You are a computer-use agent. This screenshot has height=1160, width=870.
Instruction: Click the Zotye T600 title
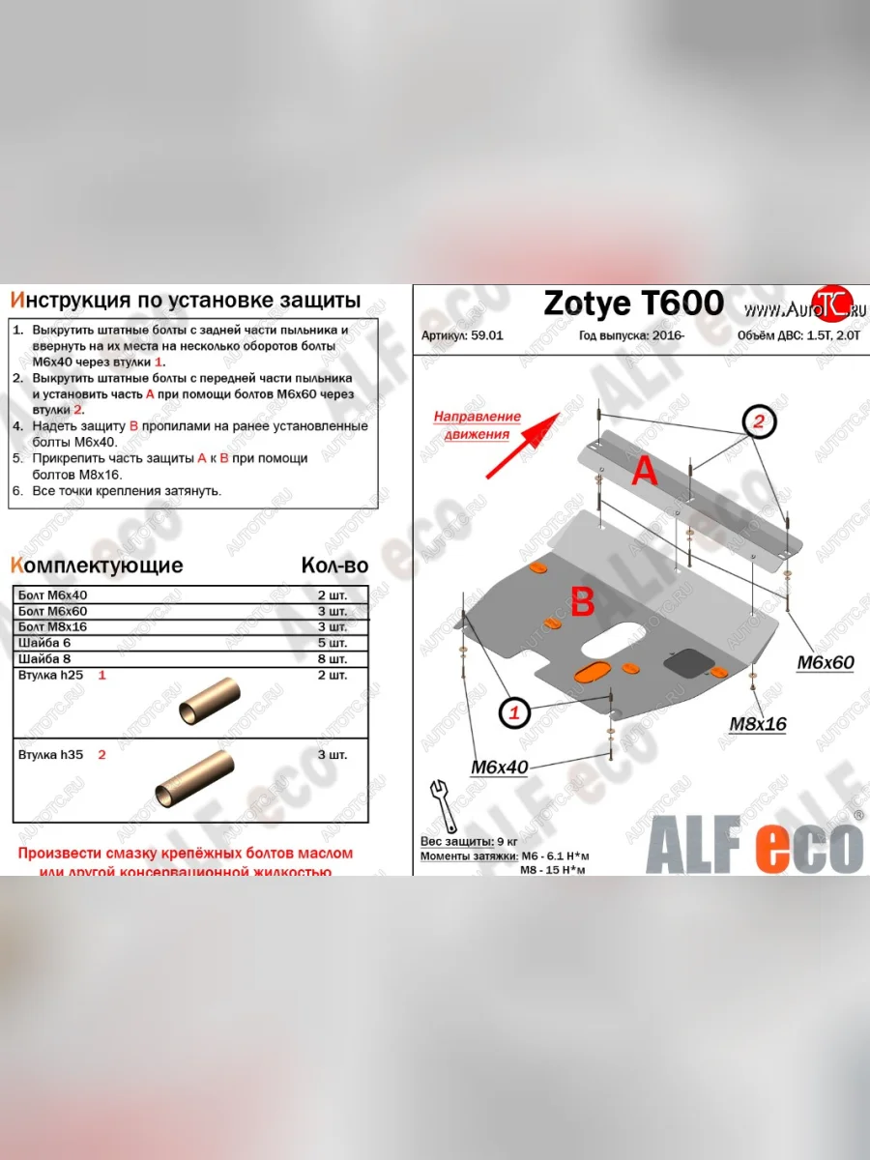tap(633, 304)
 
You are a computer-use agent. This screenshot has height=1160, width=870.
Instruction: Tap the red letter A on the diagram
tap(645, 471)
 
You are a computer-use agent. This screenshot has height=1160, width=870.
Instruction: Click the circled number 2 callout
tap(759, 421)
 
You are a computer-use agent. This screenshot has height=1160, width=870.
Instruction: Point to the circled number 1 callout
tap(514, 713)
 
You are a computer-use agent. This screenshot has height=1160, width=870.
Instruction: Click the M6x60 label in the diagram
tap(826, 662)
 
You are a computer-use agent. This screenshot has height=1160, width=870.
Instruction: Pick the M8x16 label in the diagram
tap(758, 724)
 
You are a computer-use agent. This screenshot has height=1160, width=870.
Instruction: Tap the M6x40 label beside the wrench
tap(499, 768)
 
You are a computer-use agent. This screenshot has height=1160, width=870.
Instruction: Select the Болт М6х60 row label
tap(52, 611)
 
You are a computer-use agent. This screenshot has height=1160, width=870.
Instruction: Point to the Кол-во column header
tap(333, 565)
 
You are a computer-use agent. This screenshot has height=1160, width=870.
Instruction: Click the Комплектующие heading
tap(96, 565)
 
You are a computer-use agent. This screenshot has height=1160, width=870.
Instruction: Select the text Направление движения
tap(477, 424)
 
